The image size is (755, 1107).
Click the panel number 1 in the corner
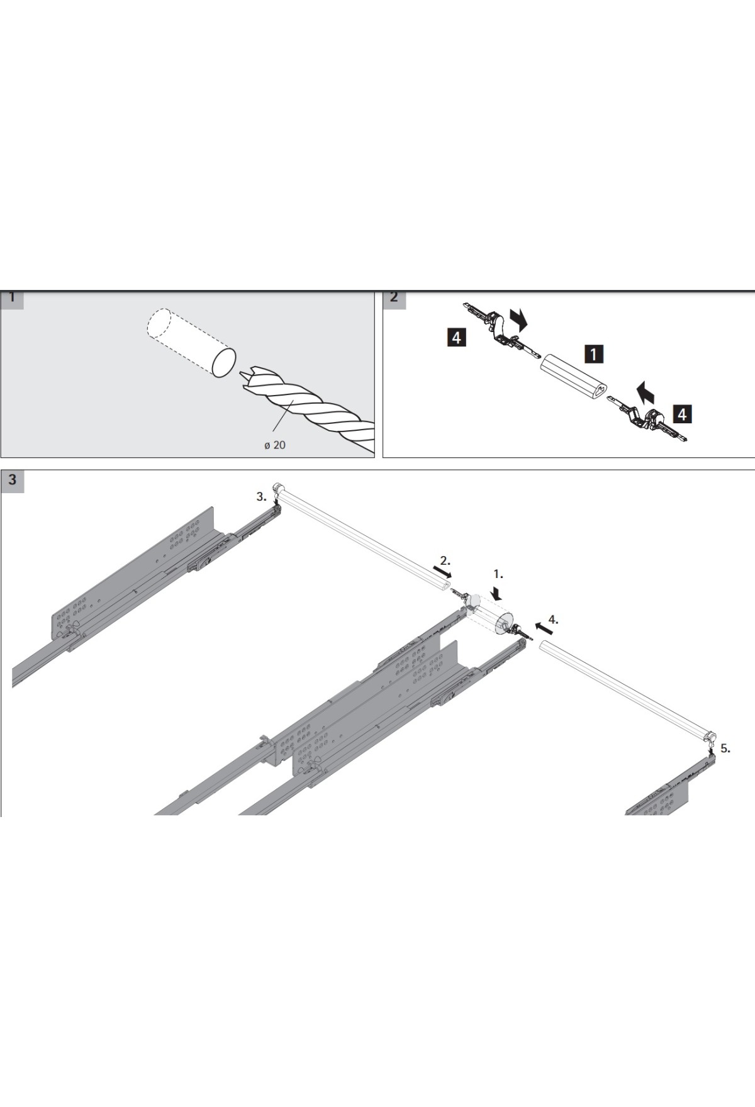[x=12, y=299]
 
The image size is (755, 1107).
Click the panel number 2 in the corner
[x=394, y=299]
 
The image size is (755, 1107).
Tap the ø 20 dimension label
[x=274, y=445]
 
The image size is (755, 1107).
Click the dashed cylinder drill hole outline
[x=191, y=343]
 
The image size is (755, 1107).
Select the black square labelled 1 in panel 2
[x=593, y=354]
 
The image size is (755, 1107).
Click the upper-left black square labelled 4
[x=456, y=338]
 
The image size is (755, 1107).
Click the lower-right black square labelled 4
[x=682, y=414]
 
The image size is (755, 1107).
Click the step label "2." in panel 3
[x=445, y=559]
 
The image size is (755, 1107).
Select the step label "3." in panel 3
[x=261, y=496]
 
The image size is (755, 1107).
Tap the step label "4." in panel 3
[x=553, y=619]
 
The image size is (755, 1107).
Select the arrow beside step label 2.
[x=442, y=572]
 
